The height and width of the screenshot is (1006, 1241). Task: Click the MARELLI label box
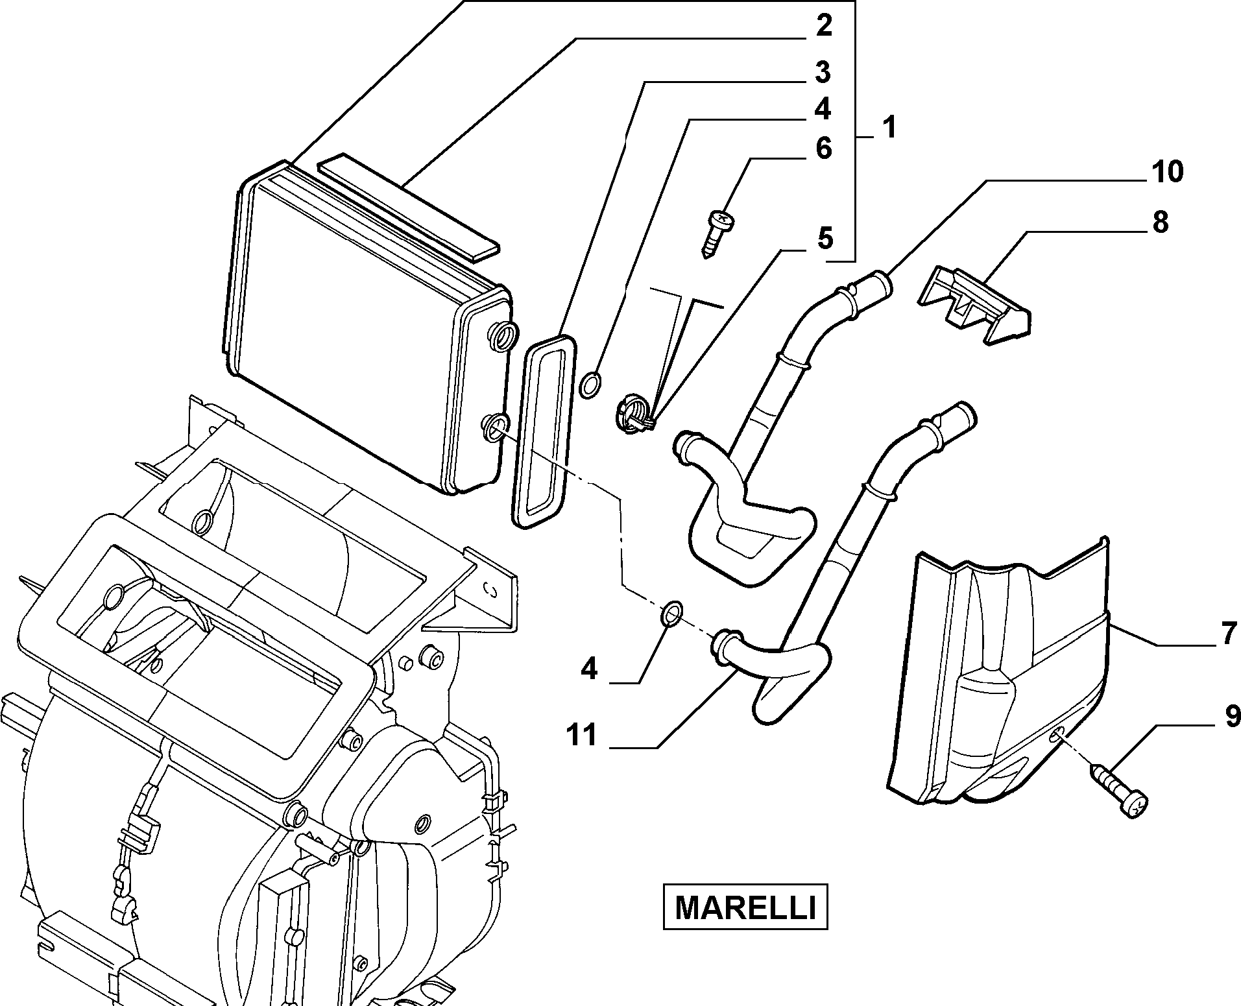click(745, 906)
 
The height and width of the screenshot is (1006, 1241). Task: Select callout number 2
click(823, 26)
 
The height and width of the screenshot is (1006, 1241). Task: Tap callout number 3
click(823, 73)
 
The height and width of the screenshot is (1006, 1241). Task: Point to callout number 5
click(824, 238)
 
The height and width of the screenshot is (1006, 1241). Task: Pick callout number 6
click(823, 149)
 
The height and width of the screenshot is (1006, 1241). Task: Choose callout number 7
click(1229, 634)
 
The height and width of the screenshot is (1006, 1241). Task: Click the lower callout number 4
click(588, 668)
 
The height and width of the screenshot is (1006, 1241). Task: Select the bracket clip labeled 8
click(974, 304)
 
